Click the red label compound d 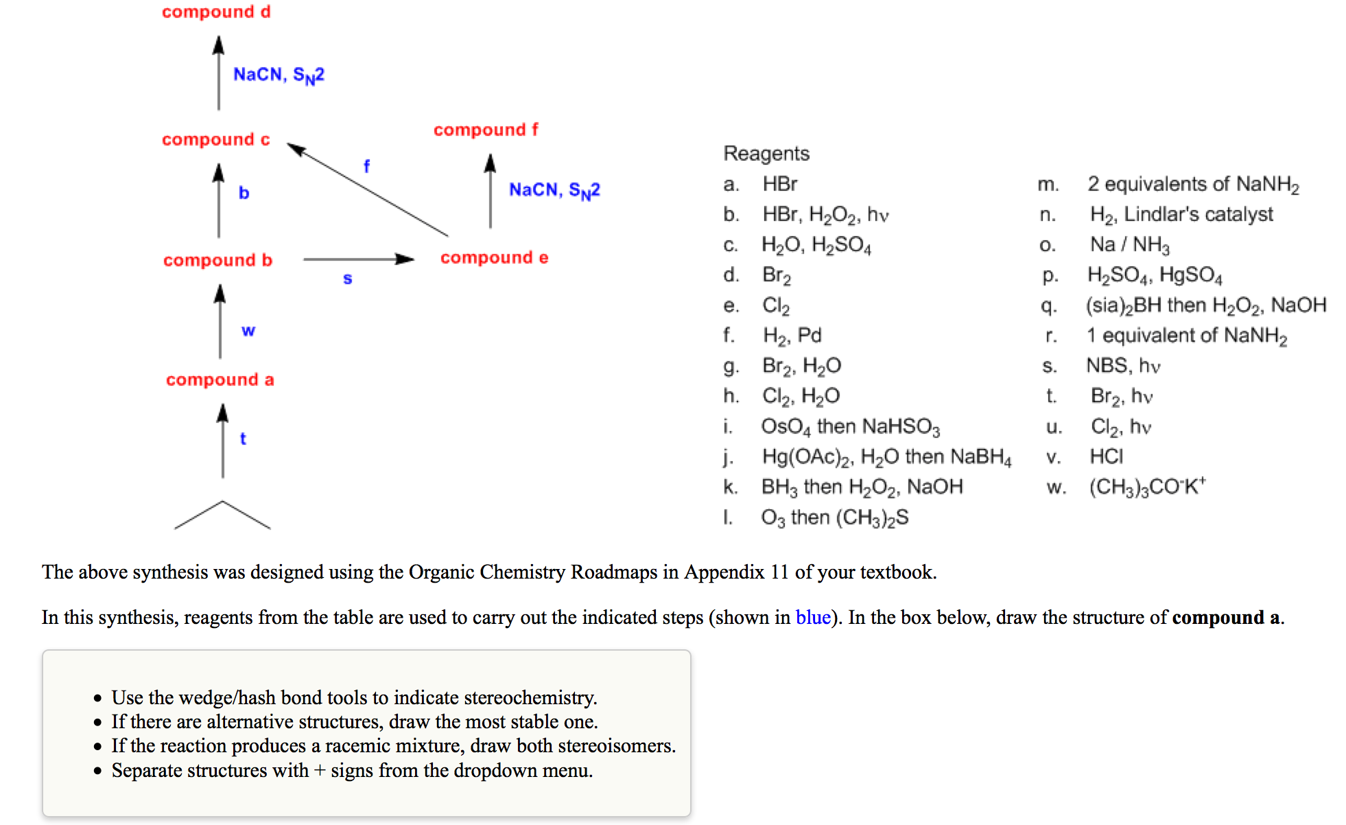tap(216, 12)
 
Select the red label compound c tap(216, 139)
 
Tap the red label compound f tap(486, 130)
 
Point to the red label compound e tap(494, 257)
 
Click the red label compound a tap(220, 380)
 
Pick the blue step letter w tap(248, 330)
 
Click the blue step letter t tap(243, 439)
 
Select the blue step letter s tap(348, 279)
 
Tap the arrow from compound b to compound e tap(358, 259)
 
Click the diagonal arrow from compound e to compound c tap(367, 189)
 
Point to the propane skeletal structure tap(222, 515)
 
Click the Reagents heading tap(766, 153)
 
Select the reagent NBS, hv tap(1123, 366)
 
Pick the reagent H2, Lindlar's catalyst tap(1181, 215)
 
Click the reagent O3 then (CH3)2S tap(834, 518)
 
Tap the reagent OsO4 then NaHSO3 tap(850, 427)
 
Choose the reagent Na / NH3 tap(1129, 245)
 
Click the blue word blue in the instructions tap(813, 617)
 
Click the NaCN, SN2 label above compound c tap(279, 74)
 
